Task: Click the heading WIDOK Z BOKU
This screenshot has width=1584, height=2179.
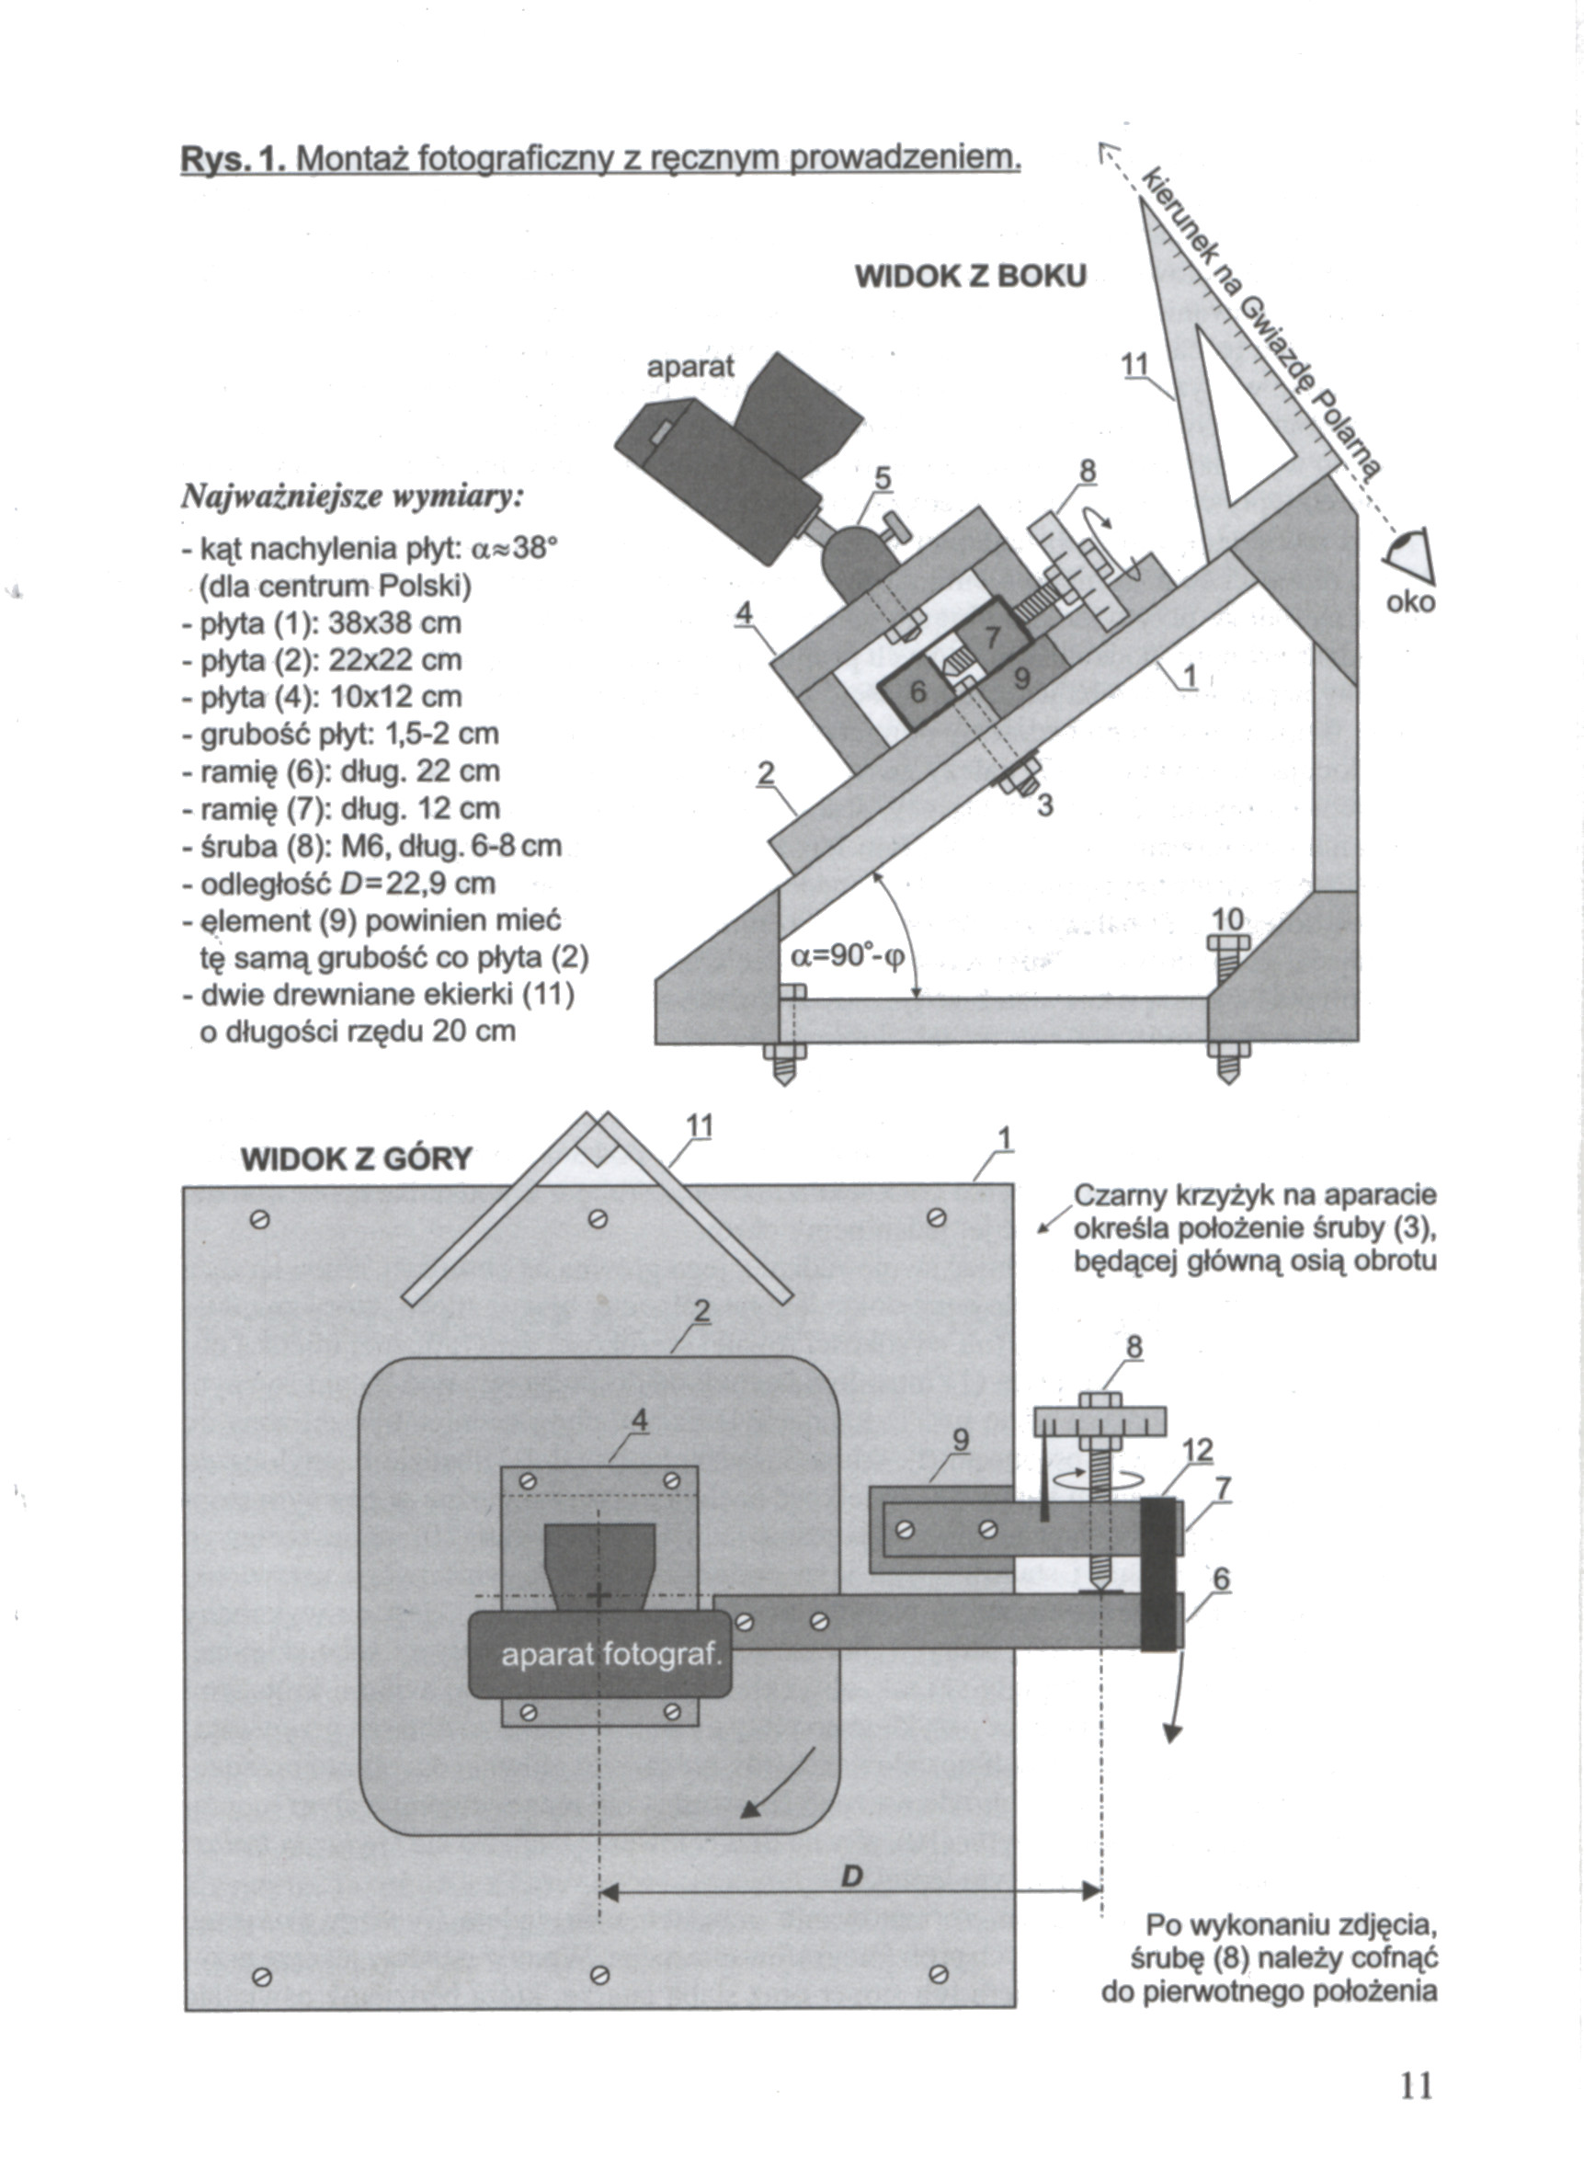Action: (x=970, y=277)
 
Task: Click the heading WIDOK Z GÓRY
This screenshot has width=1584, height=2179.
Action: (x=357, y=1159)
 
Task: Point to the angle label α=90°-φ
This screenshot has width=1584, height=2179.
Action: (x=847, y=957)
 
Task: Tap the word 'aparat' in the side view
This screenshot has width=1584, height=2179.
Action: (x=689, y=366)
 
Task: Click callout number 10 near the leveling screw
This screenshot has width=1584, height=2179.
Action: (x=1228, y=918)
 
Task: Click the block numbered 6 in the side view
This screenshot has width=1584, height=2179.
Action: (x=917, y=695)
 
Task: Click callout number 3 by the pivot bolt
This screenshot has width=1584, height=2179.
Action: (x=1045, y=806)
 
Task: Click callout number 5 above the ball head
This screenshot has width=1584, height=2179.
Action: (x=882, y=477)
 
